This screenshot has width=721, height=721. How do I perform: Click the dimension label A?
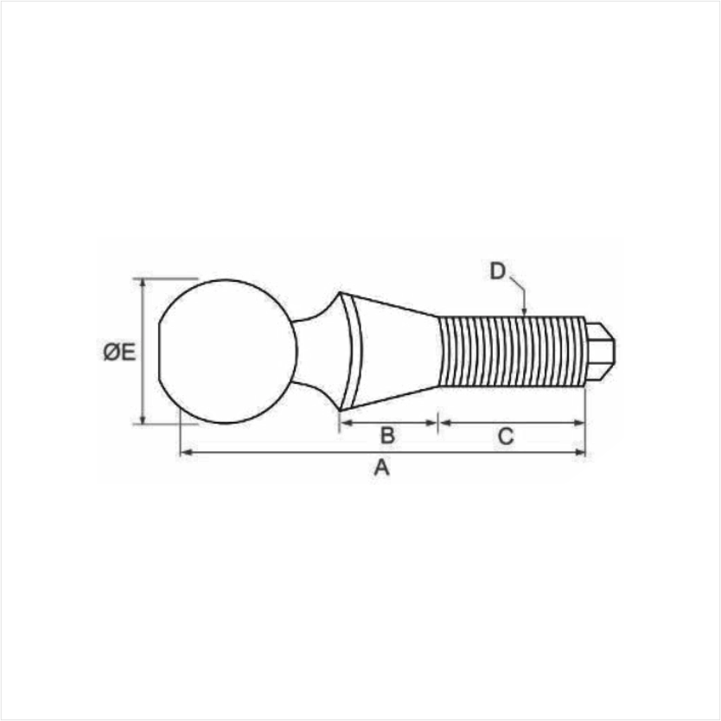pos(381,468)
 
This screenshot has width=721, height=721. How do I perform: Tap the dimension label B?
pos(387,436)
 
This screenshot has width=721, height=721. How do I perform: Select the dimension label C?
pos(506,436)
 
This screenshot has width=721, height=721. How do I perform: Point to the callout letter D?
pos(498,271)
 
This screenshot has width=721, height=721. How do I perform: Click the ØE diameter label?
pos(119,352)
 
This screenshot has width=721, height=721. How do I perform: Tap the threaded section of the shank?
pos(511,352)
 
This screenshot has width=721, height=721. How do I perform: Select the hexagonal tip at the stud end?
pos(600,351)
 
